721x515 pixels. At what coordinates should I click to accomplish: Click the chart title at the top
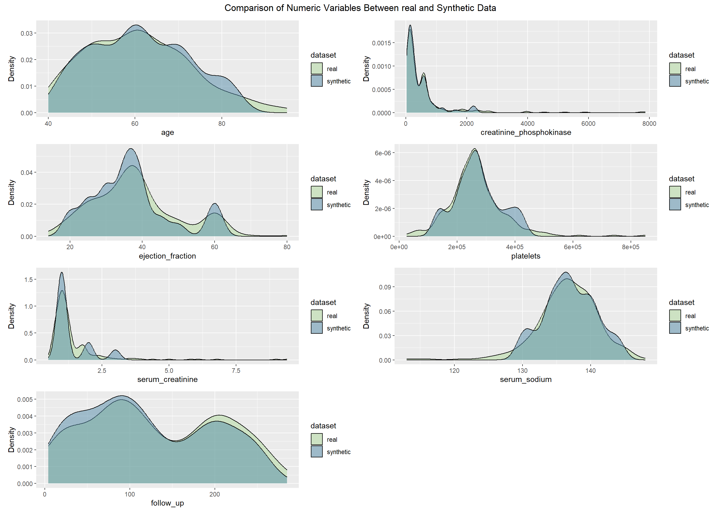360,8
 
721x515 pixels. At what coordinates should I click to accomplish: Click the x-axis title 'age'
167,133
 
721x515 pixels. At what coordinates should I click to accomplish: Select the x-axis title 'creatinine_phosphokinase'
526,133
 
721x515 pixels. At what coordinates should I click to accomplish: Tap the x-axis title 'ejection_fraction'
167,256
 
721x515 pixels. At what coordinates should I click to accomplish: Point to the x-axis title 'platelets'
526,256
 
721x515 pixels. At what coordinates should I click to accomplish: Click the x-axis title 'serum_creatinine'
167,379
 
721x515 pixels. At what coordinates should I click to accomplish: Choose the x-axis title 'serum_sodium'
526,379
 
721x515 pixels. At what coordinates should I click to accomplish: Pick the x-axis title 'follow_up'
167,503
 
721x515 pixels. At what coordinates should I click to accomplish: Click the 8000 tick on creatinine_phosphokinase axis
649,124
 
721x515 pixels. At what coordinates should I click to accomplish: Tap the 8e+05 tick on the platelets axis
631,247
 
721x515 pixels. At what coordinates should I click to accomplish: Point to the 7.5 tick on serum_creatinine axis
236,370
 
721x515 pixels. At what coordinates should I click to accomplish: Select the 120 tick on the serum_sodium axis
454,370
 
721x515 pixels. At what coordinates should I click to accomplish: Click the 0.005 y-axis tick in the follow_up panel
25,399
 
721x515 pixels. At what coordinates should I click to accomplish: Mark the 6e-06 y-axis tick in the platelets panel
383,153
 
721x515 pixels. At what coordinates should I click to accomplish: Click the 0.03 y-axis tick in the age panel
26,33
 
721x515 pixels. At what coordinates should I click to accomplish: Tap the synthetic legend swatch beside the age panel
317,81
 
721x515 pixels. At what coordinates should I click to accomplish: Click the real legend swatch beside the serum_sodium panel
675,315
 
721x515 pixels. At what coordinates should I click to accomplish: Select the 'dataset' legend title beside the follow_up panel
323,426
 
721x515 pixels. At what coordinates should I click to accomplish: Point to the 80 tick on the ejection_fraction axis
287,247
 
